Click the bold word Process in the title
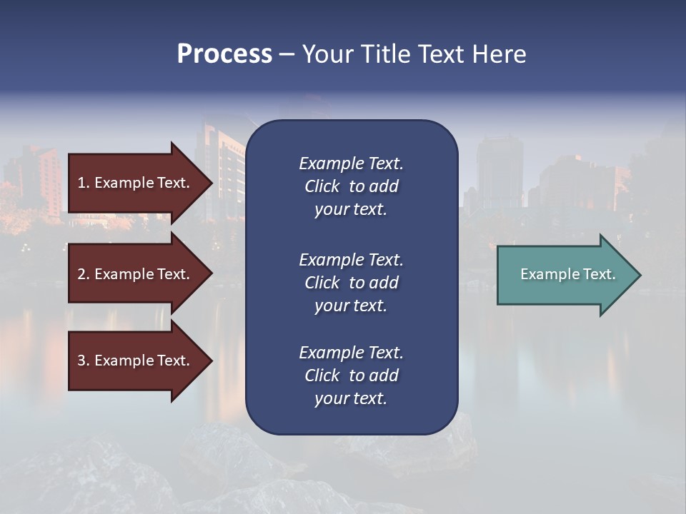tap(224, 54)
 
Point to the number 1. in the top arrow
tap(84, 183)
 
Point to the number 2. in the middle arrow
tap(84, 274)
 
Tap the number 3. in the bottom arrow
tap(84, 361)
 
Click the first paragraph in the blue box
tap(351, 186)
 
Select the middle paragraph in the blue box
tap(351, 283)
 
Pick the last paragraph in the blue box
tap(351, 376)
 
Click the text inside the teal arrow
tap(567, 274)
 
